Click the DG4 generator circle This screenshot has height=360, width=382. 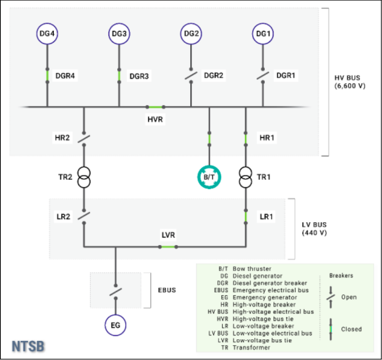(x=47, y=34)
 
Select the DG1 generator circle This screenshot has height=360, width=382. (x=263, y=34)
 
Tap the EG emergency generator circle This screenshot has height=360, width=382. (x=115, y=325)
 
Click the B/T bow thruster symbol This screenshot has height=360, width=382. (x=209, y=177)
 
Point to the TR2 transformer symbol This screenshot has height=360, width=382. (x=84, y=177)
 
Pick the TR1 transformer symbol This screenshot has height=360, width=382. (x=246, y=177)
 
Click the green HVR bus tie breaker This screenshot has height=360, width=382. (x=155, y=107)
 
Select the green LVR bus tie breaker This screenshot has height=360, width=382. (x=168, y=247)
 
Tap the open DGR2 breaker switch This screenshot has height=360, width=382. (x=191, y=76)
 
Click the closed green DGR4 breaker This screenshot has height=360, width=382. (x=47, y=76)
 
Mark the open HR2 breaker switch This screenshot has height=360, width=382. (x=84, y=139)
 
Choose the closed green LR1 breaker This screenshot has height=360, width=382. (x=246, y=217)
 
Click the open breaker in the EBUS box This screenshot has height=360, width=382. (x=116, y=292)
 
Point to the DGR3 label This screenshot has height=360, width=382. (x=139, y=76)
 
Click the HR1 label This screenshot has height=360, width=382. (x=267, y=138)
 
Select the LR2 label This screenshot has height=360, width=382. (x=63, y=217)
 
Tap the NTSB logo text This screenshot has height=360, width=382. (x=28, y=346)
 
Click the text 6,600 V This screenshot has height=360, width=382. (x=350, y=86)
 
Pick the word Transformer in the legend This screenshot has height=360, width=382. (x=251, y=347)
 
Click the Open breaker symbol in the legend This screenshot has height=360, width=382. (x=330, y=297)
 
